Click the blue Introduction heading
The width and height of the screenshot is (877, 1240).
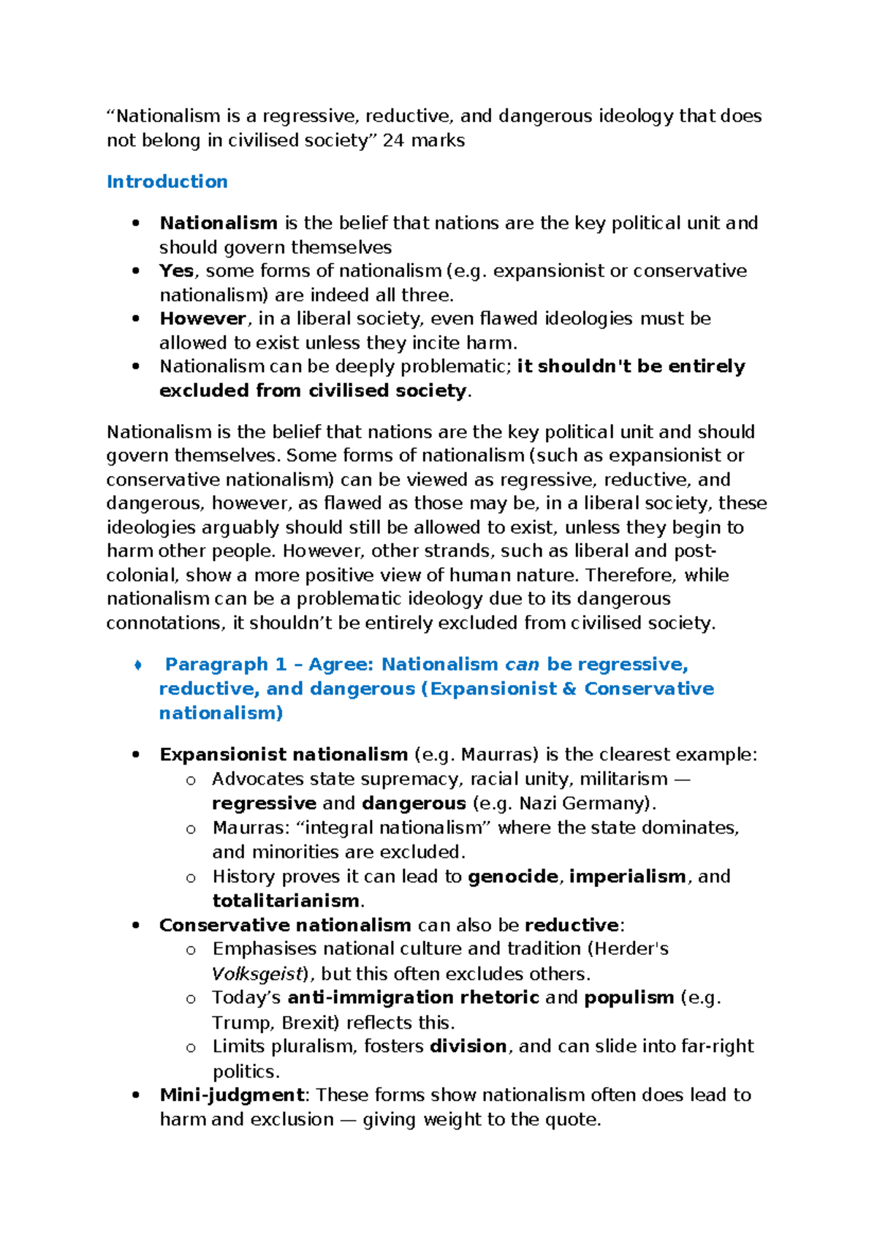(x=167, y=181)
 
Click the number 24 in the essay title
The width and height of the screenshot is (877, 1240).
(x=392, y=140)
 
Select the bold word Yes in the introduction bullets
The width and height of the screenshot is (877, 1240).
(x=176, y=271)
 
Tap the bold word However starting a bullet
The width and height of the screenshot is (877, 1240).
(x=202, y=319)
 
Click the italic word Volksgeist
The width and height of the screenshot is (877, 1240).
(x=257, y=974)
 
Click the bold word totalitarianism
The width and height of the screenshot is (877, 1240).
(x=286, y=900)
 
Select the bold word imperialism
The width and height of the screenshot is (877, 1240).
(x=627, y=876)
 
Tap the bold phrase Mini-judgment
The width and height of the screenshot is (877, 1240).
(x=232, y=1095)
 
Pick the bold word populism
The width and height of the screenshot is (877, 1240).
(x=629, y=997)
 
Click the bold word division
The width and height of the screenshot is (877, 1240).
(x=468, y=1046)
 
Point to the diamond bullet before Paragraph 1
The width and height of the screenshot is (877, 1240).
(x=137, y=665)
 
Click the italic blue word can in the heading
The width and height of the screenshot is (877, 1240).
(x=522, y=664)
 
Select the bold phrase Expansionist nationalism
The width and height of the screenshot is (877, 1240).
(x=284, y=755)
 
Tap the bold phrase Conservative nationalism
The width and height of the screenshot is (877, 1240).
(x=285, y=925)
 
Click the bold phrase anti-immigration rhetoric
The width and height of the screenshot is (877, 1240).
(x=413, y=997)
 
